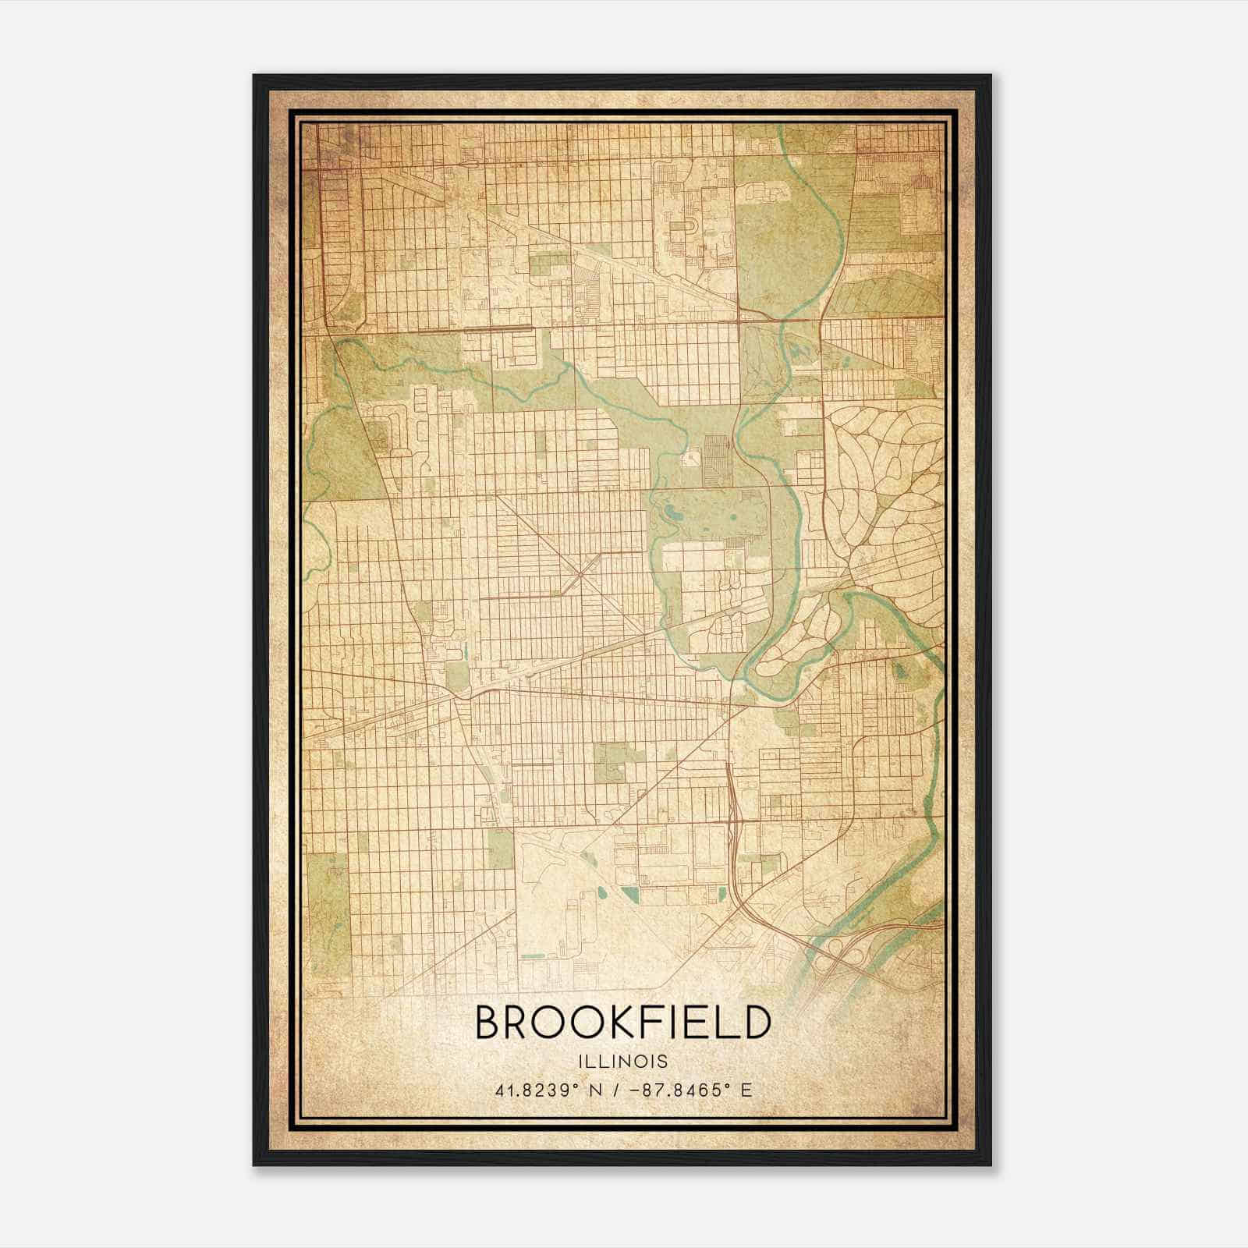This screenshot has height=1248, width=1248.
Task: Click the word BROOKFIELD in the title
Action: [622, 1023]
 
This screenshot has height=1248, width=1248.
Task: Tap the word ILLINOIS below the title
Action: [623, 1062]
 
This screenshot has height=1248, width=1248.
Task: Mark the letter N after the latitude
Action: [597, 1090]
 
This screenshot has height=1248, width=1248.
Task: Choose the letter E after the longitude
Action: [746, 1090]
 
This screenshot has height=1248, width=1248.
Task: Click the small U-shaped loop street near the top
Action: [690, 226]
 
